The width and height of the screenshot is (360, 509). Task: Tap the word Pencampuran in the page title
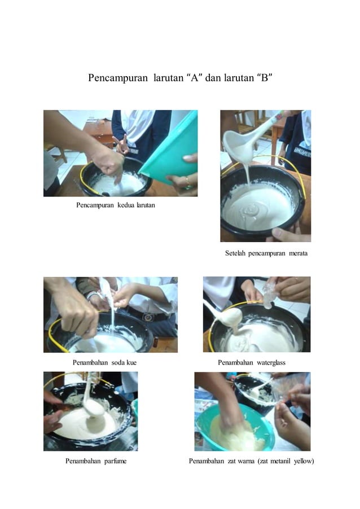point(117,77)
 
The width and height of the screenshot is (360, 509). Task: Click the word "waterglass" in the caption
point(268,362)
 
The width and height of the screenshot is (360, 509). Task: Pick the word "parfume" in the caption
point(112,461)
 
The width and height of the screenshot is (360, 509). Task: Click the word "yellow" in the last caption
point(301,461)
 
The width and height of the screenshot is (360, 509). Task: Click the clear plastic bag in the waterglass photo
point(270,293)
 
